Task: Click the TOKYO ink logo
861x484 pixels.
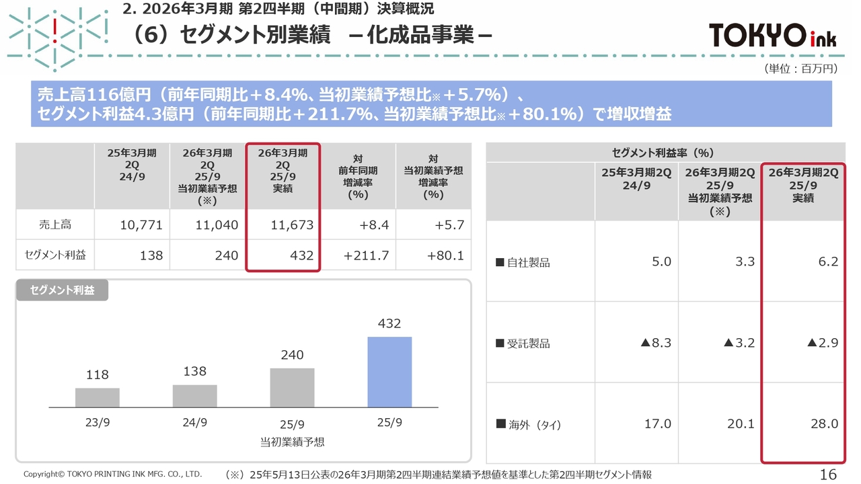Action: point(773,35)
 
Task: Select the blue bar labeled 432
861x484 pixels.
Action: point(389,372)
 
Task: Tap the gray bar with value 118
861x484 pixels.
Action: point(98,397)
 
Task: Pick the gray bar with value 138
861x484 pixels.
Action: point(194,396)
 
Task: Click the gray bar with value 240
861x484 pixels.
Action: point(292,387)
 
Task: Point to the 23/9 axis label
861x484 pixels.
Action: point(98,423)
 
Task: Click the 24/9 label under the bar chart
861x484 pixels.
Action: point(194,423)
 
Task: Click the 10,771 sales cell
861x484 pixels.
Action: point(141,225)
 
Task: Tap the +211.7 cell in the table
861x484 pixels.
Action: point(366,256)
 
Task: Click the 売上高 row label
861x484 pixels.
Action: point(54,225)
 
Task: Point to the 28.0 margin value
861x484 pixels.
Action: point(824,424)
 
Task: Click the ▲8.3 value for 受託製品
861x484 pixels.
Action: point(656,343)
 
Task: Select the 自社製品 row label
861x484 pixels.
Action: point(523,263)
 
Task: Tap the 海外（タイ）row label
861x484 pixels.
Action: point(529,425)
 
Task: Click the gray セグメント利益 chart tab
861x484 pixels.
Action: point(62,290)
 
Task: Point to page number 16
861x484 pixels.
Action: point(828,474)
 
